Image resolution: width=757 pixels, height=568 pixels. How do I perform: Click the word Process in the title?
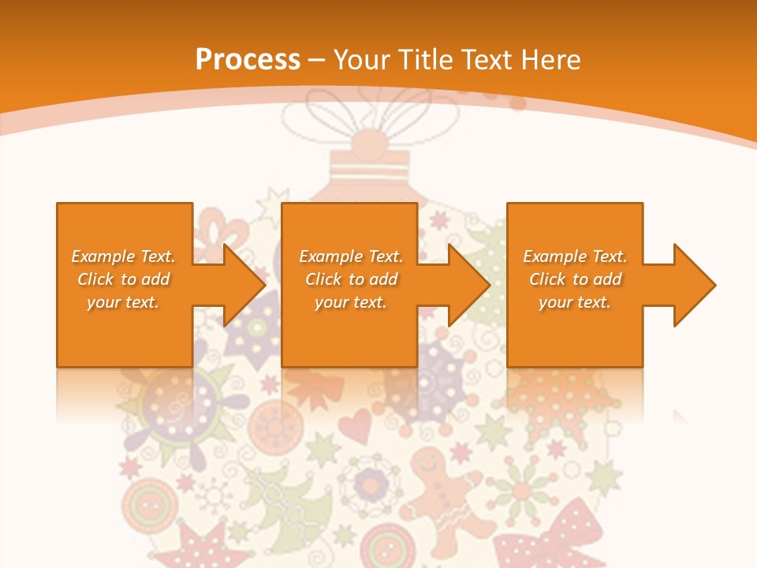(x=248, y=60)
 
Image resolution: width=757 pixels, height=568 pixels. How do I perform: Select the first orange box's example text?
(x=124, y=279)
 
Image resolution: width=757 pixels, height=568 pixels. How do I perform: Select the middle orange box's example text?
(x=351, y=279)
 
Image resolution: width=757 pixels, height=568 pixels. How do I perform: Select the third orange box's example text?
(x=575, y=279)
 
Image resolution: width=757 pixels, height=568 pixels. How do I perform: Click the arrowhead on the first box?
(x=243, y=285)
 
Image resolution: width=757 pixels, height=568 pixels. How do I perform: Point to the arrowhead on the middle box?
(x=468, y=285)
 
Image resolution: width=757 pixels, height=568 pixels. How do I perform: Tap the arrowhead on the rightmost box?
(x=692, y=285)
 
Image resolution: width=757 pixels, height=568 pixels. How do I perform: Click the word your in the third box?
(x=556, y=302)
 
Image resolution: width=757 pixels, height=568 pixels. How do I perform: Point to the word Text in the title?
(x=490, y=60)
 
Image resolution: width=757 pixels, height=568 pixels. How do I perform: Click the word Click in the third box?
(x=547, y=279)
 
